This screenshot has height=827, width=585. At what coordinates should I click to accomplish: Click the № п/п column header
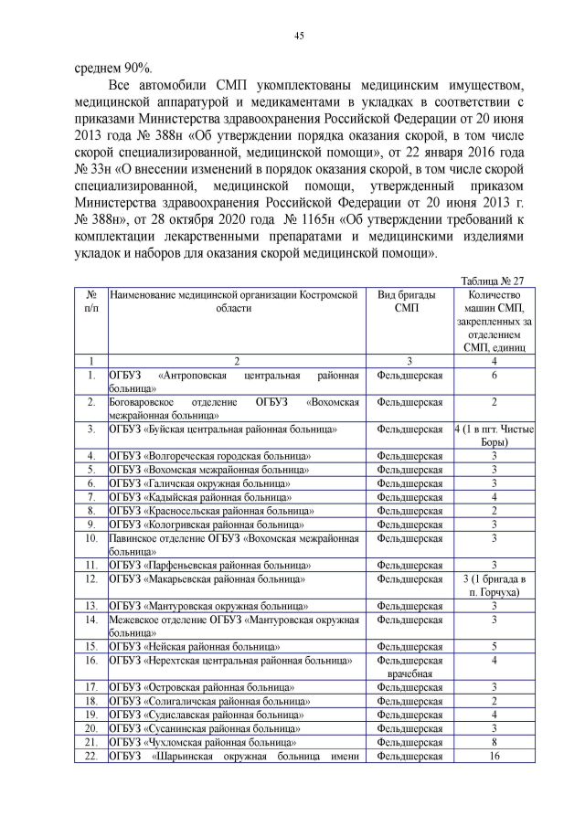[x=90, y=302]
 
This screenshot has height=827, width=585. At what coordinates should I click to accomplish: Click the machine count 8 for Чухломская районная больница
[x=493, y=742]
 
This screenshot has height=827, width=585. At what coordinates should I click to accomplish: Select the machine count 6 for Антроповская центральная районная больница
[x=493, y=376]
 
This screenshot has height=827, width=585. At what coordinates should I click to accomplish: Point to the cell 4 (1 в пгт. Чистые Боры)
[x=493, y=435]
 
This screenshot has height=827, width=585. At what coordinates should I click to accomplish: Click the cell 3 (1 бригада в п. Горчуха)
[x=493, y=585]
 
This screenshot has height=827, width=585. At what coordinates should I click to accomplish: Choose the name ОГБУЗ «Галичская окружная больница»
[x=200, y=482]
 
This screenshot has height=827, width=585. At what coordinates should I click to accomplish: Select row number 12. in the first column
[x=90, y=578]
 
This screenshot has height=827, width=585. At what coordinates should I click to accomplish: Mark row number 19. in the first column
[x=90, y=715]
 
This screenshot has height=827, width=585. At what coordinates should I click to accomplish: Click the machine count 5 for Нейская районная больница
[x=493, y=646]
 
